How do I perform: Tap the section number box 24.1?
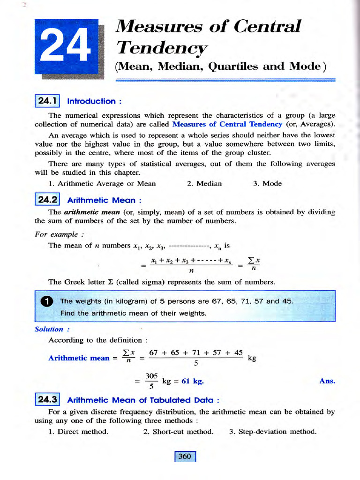click(47, 101)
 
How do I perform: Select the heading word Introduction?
click(91, 101)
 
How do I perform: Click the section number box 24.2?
click(47, 200)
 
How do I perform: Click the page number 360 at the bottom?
click(185, 456)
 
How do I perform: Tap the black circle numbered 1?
click(47, 301)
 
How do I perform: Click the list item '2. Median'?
click(204, 183)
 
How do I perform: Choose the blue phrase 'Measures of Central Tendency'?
click(227, 124)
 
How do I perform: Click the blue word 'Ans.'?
click(327, 381)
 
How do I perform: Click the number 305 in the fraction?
click(151, 376)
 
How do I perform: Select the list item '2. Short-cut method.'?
click(178, 431)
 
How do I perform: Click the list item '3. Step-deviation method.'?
click(273, 431)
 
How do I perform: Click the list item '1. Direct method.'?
click(78, 431)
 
